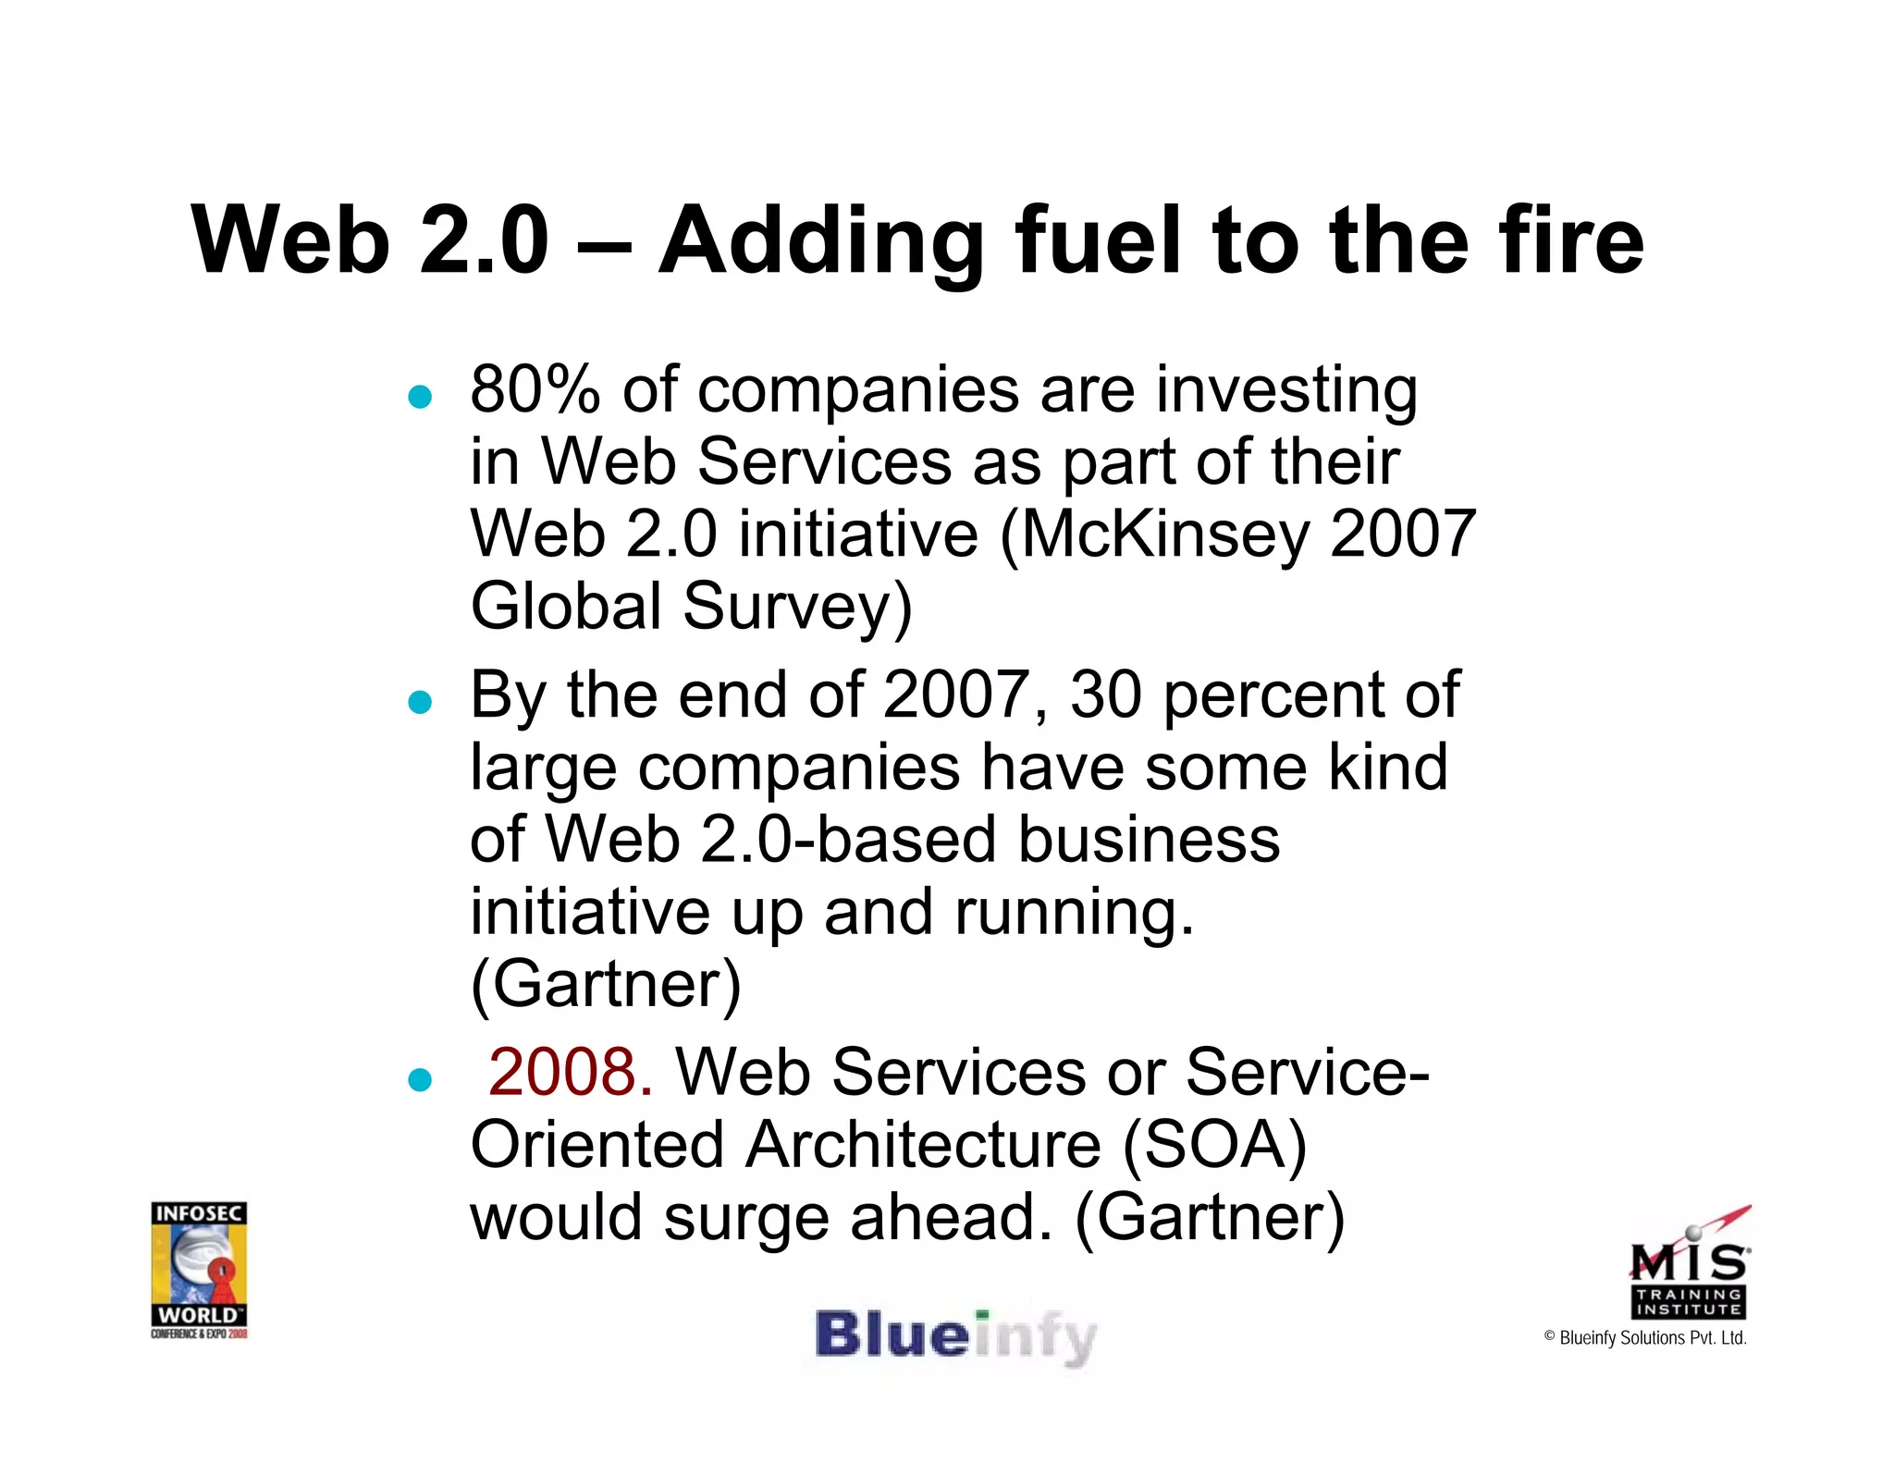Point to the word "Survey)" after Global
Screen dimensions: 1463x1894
click(x=797, y=607)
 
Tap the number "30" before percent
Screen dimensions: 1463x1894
click(x=1106, y=695)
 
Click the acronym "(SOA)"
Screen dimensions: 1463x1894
click(x=1214, y=1145)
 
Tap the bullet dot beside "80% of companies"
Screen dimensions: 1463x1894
click(x=421, y=397)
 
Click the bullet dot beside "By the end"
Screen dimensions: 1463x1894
click(x=421, y=703)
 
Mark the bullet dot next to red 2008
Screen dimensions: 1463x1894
click(x=421, y=1079)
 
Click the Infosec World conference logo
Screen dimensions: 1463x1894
click(x=199, y=1269)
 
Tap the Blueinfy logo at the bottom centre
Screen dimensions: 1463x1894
click(x=954, y=1337)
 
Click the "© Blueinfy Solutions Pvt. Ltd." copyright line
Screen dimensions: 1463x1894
click(x=1645, y=1338)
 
